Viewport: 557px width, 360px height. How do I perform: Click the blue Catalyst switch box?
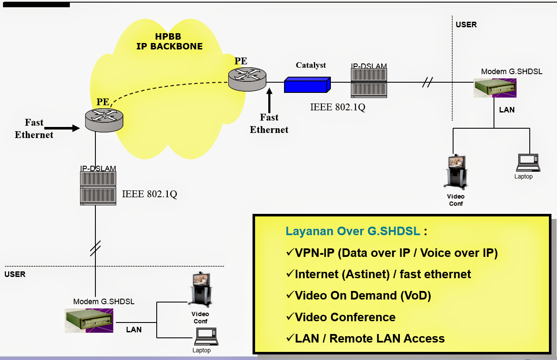pyautogui.click(x=307, y=85)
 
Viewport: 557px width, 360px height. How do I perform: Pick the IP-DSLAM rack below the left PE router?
pyautogui.click(x=98, y=188)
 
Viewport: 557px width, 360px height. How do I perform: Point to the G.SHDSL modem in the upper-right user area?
pyautogui.click(x=495, y=88)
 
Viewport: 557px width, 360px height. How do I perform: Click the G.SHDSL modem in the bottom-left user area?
pyautogui.click(x=89, y=320)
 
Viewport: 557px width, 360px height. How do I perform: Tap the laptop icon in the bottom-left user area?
pyautogui.click(x=206, y=337)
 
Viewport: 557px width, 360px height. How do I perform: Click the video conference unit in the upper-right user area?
pyautogui.click(x=456, y=171)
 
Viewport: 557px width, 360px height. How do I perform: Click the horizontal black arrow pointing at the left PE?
pyautogui.click(x=62, y=128)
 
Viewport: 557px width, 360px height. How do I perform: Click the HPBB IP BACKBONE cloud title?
pyautogui.click(x=169, y=42)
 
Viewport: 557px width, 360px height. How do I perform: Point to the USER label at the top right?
pyautogui.click(x=466, y=25)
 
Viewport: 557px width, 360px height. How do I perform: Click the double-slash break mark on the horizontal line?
pyautogui.click(x=427, y=82)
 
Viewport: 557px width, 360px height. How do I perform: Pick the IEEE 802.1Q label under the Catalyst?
pyautogui.click(x=338, y=107)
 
